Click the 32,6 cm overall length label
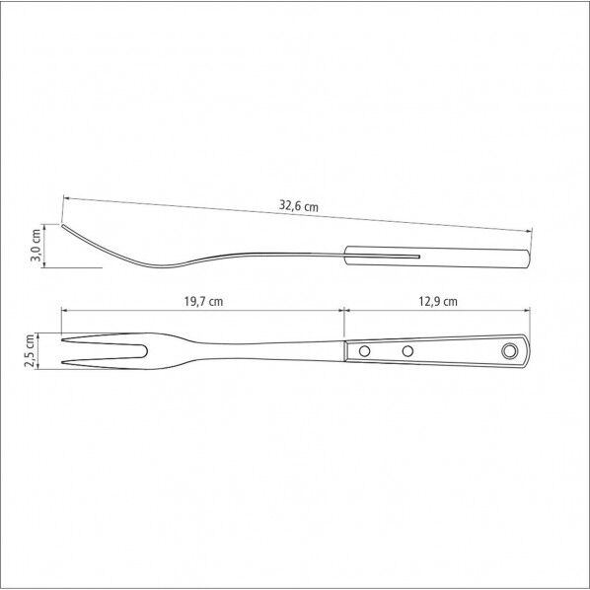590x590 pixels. click(298, 206)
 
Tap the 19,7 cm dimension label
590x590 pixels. click(203, 301)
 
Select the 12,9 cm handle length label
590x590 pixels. click(438, 301)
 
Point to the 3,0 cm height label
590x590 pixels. click(37, 245)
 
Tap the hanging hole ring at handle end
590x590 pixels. click(509, 350)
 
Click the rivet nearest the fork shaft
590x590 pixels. click(364, 351)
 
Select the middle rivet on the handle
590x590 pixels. click(407, 351)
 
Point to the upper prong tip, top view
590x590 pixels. click(62, 340)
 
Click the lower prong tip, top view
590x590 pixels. click(62, 363)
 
